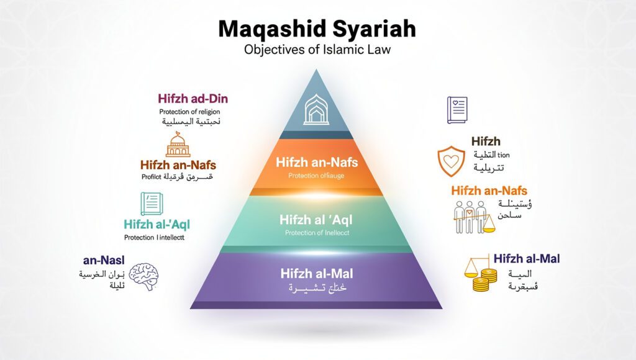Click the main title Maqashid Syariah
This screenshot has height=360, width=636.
[x=318, y=29]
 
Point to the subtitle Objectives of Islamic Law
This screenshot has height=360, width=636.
[x=318, y=50]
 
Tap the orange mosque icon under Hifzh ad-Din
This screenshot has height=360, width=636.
[x=178, y=145]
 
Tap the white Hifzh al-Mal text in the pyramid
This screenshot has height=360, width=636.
[x=318, y=272]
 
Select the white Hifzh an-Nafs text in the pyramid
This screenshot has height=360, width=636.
[x=317, y=164]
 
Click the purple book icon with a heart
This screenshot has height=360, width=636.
[x=457, y=110]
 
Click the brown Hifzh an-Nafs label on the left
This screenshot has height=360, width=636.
[x=178, y=165]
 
